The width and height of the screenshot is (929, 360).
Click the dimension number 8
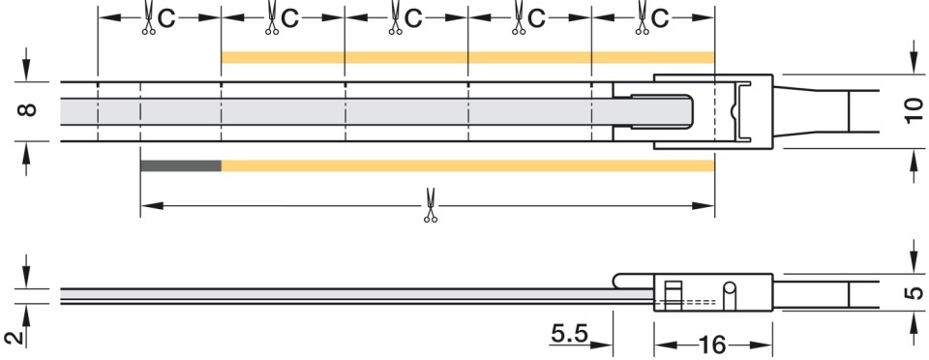[28, 109]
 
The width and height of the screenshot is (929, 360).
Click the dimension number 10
[914, 110]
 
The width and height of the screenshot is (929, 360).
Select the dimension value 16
[713, 344]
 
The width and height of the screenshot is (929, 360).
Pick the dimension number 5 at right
[914, 292]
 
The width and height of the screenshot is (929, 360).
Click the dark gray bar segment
[181, 165]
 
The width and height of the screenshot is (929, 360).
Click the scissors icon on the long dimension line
[431, 205]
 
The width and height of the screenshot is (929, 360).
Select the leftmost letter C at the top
[166, 19]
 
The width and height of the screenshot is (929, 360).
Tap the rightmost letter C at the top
[659, 19]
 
